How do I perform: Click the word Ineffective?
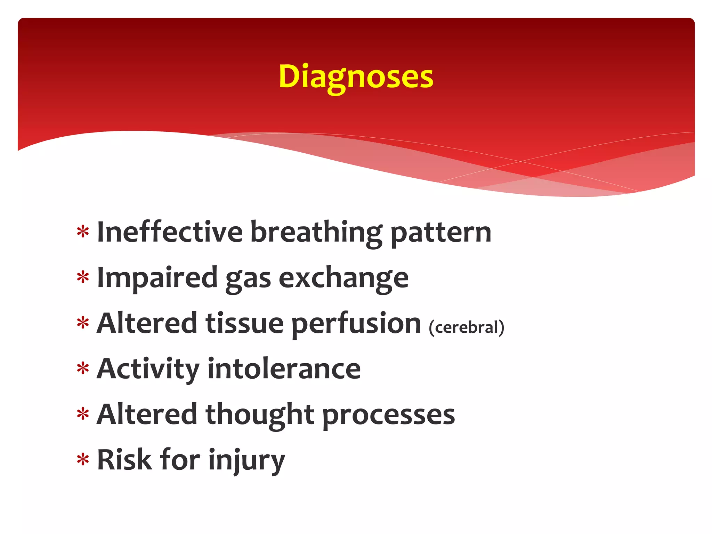click(170, 232)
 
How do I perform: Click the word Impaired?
click(157, 278)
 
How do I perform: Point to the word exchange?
click(343, 278)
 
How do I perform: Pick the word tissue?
click(244, 323)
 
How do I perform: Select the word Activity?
click(148, 369)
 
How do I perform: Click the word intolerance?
click(284, 369)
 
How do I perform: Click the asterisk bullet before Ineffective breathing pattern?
click(83, 232)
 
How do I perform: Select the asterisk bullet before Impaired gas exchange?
click(83, 278)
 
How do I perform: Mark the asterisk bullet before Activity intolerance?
click(83, 369)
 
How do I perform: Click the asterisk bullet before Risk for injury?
click(83, 460)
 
